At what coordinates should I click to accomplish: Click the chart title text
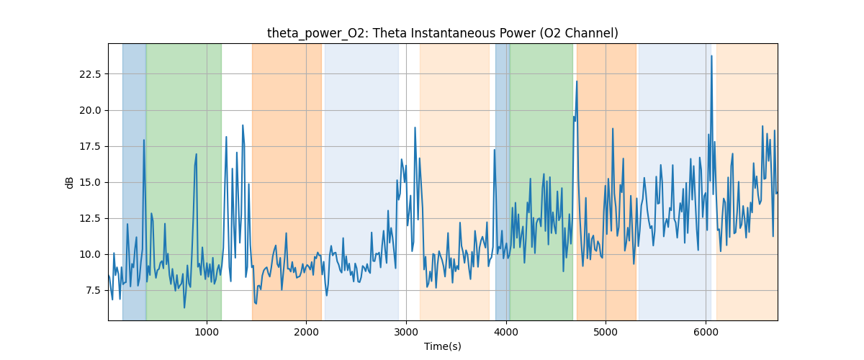click(442, 33)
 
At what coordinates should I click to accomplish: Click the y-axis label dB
click(70, 182)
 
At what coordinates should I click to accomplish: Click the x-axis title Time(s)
click(442, 346)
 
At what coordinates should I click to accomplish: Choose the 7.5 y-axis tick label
click(92, 290)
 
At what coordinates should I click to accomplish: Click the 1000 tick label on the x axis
click(207, 332)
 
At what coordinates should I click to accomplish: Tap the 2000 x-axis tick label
click(307, 332)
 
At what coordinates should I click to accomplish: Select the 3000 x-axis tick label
click(406, 332)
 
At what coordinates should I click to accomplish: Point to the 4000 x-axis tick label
click(506, 332)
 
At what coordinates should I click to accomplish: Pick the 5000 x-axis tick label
click(606, 332)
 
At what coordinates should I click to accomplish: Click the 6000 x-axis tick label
click(706, 332)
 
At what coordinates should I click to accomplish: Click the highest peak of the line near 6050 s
click(711, 56)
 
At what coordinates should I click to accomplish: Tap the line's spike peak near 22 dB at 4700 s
click(577, 81)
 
